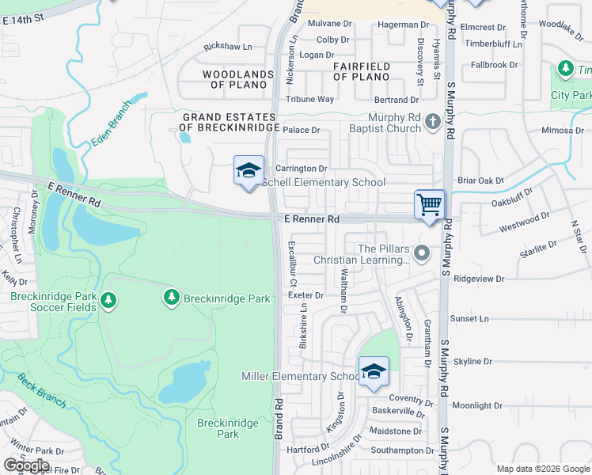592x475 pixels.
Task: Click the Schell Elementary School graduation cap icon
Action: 248,171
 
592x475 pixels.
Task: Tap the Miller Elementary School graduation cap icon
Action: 374,371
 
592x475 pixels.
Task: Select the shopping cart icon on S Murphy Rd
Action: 430,205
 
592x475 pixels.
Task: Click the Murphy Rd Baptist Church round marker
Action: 431,122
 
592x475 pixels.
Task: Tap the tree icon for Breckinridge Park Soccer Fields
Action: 108,301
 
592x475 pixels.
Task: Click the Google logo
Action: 26,465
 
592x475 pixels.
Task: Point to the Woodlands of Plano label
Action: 227,79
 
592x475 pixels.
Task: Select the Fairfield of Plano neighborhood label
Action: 361,71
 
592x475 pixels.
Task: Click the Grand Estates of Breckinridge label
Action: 230,122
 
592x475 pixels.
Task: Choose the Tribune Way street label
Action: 309,99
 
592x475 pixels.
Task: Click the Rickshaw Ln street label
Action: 233,48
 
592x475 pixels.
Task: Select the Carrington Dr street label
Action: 301,169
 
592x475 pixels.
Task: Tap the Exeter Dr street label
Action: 307,295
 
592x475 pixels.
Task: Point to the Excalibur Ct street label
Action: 291,264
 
